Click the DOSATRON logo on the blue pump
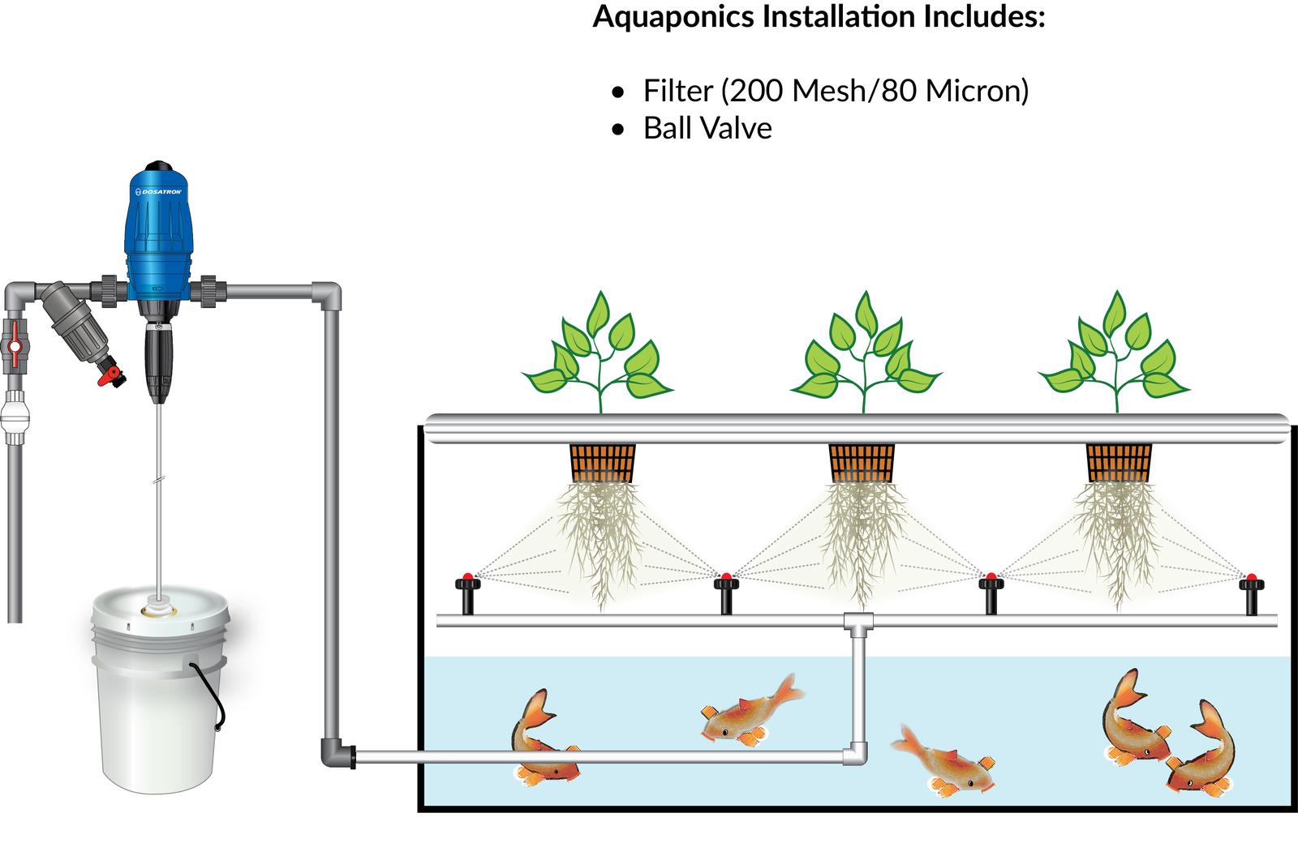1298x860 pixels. click(158, 191)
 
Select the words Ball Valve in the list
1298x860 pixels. click(707, 128)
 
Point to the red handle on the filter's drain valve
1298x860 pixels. click(110, 376)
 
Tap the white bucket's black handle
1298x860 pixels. click(208, 694)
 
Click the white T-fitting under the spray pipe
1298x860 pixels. click(858, 623)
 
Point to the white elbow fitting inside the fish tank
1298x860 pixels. click(855, 754)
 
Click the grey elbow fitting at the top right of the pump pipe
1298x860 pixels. click(328, 295)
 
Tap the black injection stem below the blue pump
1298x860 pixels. click(158, 363)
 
